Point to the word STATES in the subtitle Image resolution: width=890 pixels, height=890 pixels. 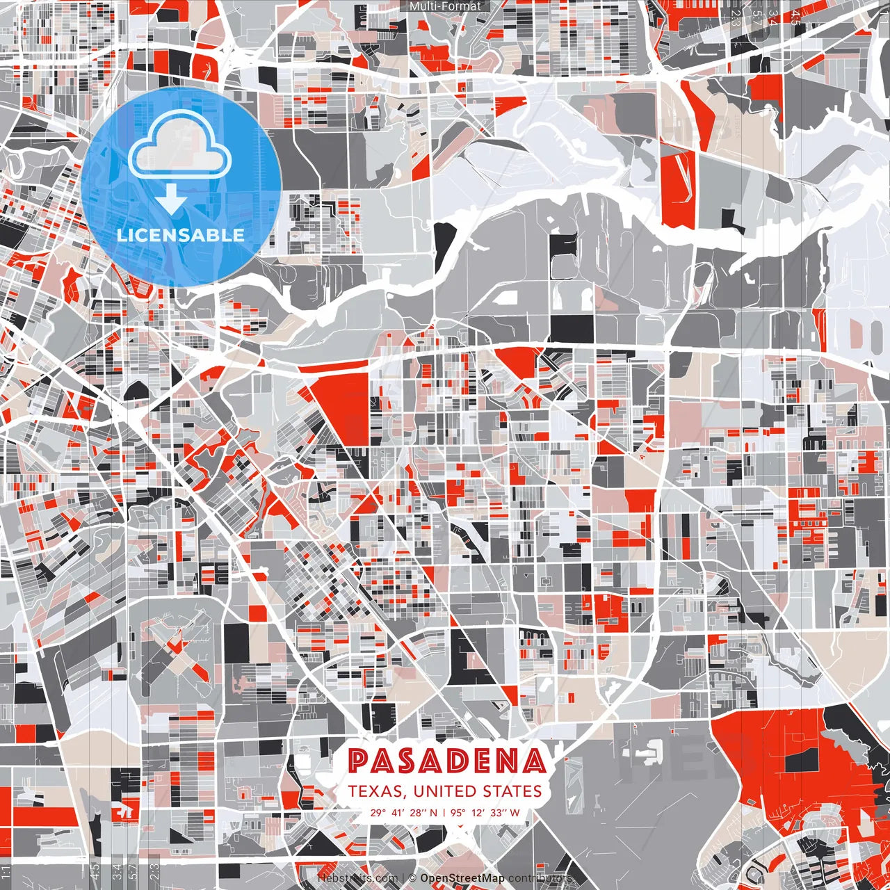point(510,791)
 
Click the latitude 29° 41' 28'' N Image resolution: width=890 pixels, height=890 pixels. point(404,812)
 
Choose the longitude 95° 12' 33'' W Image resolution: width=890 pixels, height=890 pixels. point(485,812)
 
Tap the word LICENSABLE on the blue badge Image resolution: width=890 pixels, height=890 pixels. point(181,234)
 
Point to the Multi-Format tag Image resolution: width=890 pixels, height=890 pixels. point(445,6)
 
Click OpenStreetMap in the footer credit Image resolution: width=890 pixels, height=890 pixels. point(462,878)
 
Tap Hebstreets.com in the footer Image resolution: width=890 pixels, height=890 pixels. point(357,878)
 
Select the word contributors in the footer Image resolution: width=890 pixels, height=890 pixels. point(540,878)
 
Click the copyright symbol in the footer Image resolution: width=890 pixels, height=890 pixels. point(412,878)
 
